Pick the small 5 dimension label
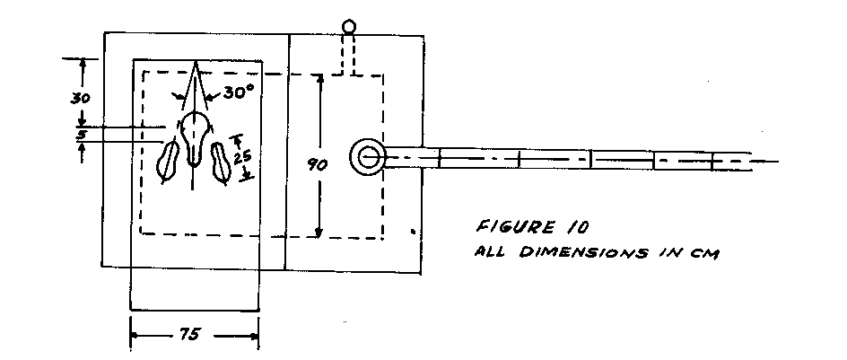coord(81,136)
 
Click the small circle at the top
coord(349,27)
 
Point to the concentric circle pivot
coord(368,157)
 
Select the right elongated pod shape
coord(221,164)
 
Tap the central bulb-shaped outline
coord(194,135)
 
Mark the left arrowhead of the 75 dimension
coord(135,335)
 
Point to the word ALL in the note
coord(487,251)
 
